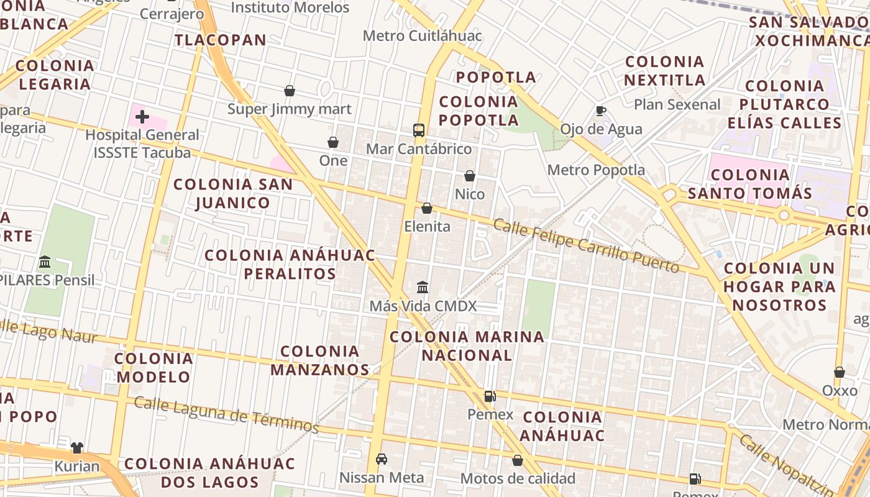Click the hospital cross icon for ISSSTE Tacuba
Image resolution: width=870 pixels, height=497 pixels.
(x=142, y=116)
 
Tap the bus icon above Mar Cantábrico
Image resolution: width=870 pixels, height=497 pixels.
(x=419, y=130)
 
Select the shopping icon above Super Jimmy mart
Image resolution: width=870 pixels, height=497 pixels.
(x=290, y=91)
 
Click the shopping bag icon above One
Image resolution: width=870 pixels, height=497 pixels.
(x=333, y=142)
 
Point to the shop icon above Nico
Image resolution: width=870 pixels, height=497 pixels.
(x=470, y=176)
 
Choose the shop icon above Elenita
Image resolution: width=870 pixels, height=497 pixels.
(x=427, y=208)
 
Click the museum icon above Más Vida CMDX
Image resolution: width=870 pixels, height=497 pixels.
(x=423, y=287)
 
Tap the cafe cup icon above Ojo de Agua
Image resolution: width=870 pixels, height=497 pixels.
(x=600, y=111)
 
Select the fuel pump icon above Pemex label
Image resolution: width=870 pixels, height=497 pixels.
(x=490, y=396)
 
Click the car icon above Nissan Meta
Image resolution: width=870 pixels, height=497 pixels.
(x=382, y=459)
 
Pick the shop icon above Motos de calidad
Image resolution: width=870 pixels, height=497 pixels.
(x=518, y=460)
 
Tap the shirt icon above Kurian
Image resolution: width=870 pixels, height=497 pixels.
(x=77, y=447)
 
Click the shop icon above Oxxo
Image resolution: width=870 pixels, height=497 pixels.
(x=840, y=372)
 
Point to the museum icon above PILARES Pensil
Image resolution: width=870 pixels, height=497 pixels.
(x=45, y=262)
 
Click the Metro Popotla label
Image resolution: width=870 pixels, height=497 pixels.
(x=596, y=170)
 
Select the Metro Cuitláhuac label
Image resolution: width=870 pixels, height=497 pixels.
(x=422, y=35)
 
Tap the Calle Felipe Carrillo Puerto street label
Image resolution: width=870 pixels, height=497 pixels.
(x=586, y=245)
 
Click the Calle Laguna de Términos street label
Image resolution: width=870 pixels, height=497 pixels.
(x=226, y=415)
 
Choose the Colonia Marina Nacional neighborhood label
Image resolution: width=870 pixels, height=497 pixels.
(x=467, y=346)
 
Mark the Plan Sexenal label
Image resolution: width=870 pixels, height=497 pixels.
(x=677, y=104)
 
